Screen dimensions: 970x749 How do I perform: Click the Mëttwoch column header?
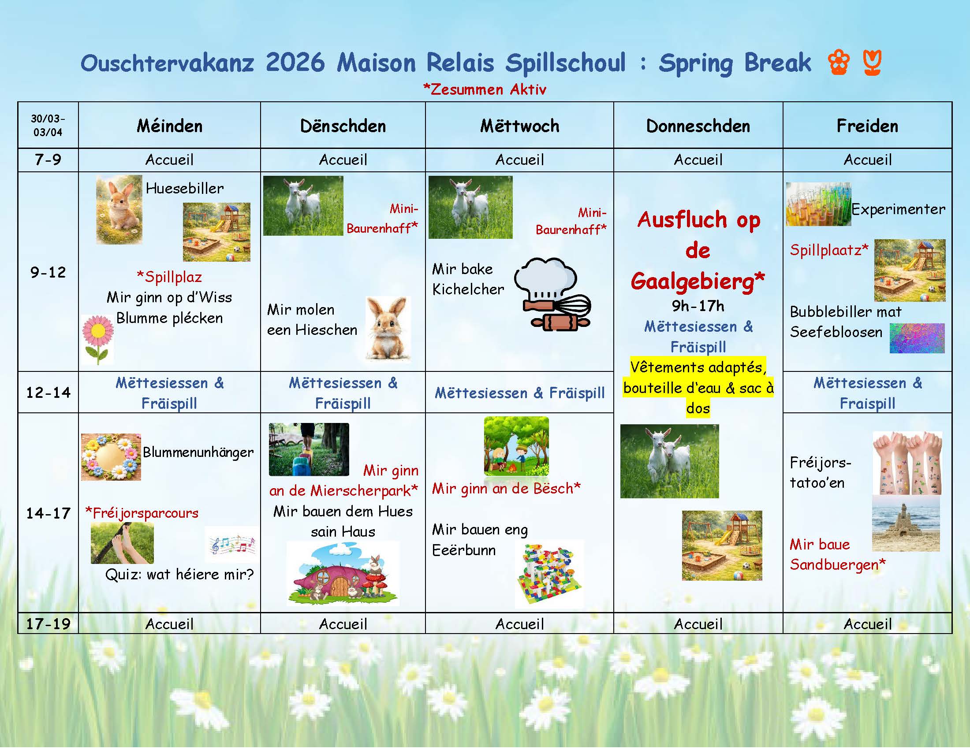[520, 126]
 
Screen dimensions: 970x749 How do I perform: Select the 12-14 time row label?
[48, 392]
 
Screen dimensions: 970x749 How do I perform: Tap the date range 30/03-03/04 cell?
[48, 125]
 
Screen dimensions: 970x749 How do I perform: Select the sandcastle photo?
[906, 523]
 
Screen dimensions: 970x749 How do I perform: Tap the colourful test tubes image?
[818, 204]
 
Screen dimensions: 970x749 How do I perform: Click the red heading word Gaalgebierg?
[698, 282]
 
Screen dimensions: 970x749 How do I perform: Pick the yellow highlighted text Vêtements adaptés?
[698, 367]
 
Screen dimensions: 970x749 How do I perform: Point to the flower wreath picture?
[111, 457]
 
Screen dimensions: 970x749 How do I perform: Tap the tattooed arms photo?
[907, 463]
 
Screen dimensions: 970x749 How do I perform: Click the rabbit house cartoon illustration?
[343, 574]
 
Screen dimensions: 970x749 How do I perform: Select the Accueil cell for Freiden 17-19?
[867, 624]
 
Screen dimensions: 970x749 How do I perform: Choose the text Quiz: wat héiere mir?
[179, 575]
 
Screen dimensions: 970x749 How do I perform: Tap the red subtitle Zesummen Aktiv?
[485, 89]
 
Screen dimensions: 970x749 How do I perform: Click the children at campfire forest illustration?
[516, 445]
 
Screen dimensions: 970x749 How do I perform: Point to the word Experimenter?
[898, 209]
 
